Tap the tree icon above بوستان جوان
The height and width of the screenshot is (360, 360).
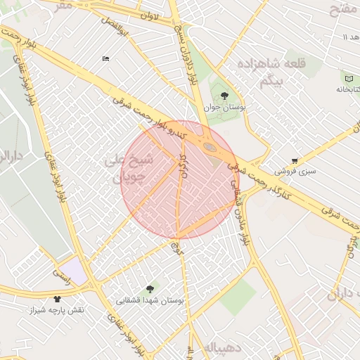pyautogui.click(x=224, y=96)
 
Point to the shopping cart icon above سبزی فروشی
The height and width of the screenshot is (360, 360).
pyautogui.click(x=295, y=160)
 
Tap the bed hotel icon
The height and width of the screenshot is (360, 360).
pyautogui.click(x=105, y=58)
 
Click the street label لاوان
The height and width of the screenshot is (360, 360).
pyautogui.click(x=150, y=15)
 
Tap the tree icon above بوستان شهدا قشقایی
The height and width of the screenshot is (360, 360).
pyautogui.click(x=149, y=289)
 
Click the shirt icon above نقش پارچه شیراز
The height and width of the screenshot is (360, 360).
pyautogui.click(x=57, y=299)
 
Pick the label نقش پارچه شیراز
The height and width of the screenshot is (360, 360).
pyautogui.click(x=56, y=310)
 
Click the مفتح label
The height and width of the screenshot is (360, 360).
pyautogui.click(x=345, y=8)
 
